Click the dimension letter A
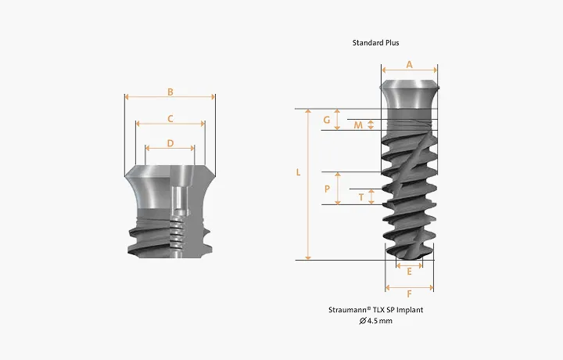pos(409,65)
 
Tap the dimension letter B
pos(170,92)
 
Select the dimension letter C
pos(170,118)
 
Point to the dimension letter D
pos(170,143)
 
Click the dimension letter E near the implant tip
pos(409,272)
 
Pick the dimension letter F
pos(409,294)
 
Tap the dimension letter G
pos(326,120)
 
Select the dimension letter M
pos(358,125)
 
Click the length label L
pos(298,172)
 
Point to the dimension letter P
pos(327,189)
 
